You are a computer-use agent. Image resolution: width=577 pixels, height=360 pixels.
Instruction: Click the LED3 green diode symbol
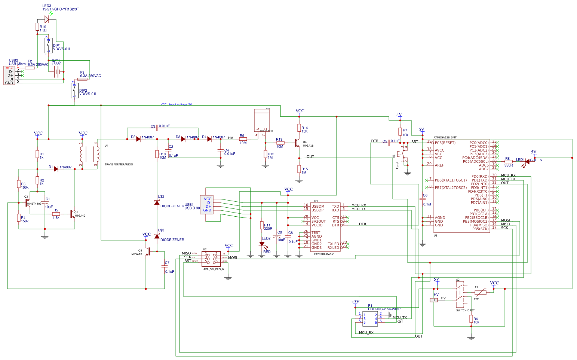click(47, 19)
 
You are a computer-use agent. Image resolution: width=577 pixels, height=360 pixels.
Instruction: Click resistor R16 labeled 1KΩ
click(37, 27)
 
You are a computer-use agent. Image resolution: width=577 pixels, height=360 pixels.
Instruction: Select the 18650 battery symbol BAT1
click(57, 72)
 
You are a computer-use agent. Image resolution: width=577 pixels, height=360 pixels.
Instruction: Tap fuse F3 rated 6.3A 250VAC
click(82, 79)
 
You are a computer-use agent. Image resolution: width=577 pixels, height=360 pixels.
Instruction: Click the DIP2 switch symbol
click(75, 91)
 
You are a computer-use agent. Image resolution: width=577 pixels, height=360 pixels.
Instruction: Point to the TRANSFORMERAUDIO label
click(119, 165)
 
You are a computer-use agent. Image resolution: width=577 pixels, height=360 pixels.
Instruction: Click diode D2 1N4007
click(138, 139)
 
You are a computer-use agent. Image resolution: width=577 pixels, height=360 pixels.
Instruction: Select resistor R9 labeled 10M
click(243, 139)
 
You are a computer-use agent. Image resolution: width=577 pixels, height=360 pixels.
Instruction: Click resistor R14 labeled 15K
click(299, 128)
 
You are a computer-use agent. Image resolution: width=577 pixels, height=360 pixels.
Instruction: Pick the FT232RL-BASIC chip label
click(324, 254)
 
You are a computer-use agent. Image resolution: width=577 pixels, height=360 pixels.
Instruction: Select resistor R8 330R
click(508, 161)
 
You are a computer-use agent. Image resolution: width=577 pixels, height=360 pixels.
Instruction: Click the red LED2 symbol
click(262, 244)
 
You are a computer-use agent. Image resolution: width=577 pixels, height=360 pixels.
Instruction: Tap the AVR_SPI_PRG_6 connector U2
click(211, 259)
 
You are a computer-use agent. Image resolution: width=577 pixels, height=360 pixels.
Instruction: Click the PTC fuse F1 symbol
click(480, 292)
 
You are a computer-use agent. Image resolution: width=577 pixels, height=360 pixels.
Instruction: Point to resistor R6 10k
click(471, 318)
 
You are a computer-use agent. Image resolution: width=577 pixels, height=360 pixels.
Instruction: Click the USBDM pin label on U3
click(318, 206)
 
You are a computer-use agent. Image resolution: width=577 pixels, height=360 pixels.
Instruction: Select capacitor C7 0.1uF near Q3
click(165, 266)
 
